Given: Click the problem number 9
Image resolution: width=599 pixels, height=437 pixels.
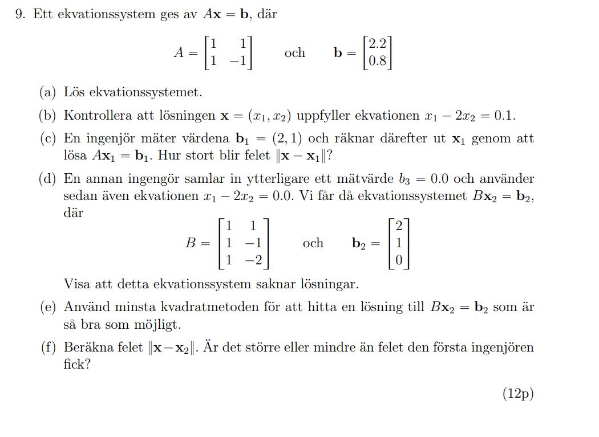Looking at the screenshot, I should [x=21, y=15].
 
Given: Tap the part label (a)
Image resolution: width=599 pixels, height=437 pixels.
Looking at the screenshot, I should [x=48, y=92].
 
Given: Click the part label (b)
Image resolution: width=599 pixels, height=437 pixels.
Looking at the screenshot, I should [x=48, y=116].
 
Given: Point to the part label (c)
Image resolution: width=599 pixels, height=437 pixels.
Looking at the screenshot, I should [x=48, y=138].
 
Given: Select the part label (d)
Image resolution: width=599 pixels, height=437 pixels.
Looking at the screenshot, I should [x=48, y=179].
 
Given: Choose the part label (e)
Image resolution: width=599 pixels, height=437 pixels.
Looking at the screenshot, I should [x=48, y=307].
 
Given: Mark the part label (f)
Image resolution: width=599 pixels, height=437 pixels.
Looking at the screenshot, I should [x=48, y=348].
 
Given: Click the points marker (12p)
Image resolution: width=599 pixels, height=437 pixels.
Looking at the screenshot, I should [x=518, y=393].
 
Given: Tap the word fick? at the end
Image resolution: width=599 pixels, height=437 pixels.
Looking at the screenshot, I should [x=77, y=365].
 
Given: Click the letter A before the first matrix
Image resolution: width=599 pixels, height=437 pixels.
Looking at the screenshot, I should [x=179, y=53].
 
